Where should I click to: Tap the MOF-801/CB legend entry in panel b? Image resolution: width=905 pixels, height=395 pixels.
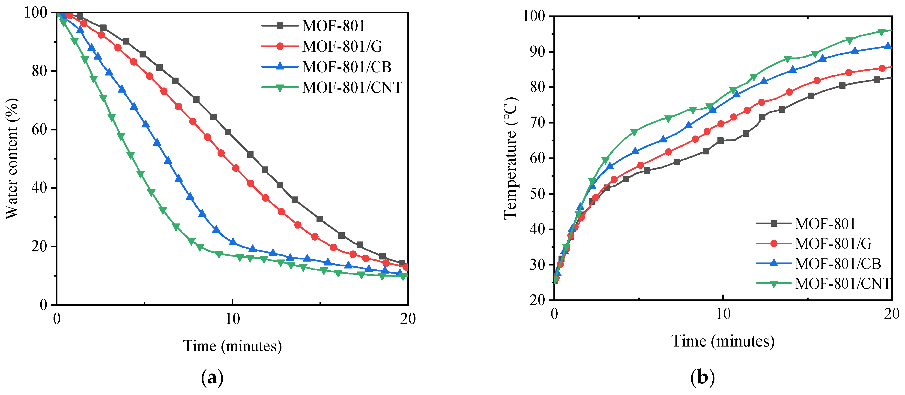click(x=838, y=264)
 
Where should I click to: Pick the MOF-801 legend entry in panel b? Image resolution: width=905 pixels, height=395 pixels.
click(x=825, y=223)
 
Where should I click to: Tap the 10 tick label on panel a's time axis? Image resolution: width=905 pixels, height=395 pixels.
click(x=232, y=319)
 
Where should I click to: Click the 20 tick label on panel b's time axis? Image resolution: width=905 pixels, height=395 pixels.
click(x=891, y=314)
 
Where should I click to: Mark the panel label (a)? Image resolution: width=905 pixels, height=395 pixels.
click(x=212, y=378)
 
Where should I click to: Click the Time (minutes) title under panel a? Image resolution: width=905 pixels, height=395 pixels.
click(x=232, y=346)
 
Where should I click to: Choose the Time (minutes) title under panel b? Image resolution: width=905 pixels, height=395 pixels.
click(x=723, y=341)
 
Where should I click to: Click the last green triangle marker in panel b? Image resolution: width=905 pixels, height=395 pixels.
click(x=881, y=32)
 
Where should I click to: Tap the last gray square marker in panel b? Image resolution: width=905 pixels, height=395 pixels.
click(x=877, y=80)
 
